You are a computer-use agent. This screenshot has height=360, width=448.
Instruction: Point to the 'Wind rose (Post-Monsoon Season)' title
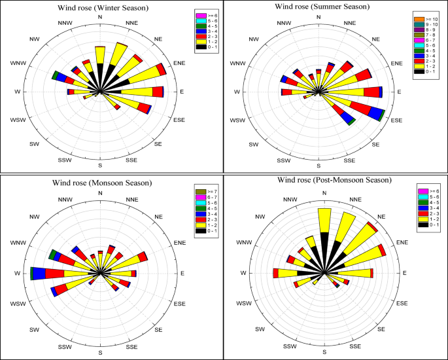[x=326, y=181]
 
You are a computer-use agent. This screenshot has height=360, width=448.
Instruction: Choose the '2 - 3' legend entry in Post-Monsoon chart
[x=429, y=214]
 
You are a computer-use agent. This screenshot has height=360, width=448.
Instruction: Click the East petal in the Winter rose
[x=141, y=92]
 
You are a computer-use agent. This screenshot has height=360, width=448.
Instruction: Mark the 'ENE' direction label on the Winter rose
[x=176, y=63]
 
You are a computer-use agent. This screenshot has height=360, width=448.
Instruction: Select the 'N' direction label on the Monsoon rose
[x=100, y=192]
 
